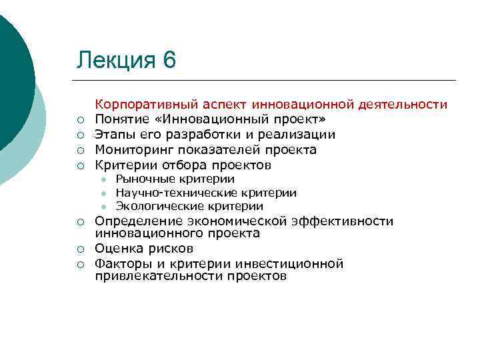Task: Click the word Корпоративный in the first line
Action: pyautogui.click(x=139, y=105)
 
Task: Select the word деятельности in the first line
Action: pyautogui.click(x=403, y=105)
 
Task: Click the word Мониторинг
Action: pyautogui.click(x=129, y=150)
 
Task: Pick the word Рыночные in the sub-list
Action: pyautogui.click(x=143, y=179)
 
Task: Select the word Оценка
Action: pyautogui.click(x=117, y=249)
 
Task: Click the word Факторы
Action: pyautogui.click(x=121, y=263)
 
